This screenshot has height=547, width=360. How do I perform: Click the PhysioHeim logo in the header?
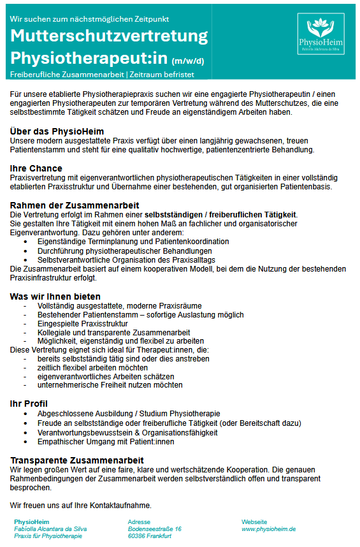(x=326, y=39)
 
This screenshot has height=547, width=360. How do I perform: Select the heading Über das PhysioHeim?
(x=57, y=131)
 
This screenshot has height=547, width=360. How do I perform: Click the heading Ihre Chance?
(x=36, y=168)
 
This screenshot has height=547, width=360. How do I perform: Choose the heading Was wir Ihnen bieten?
(x=55, y=296)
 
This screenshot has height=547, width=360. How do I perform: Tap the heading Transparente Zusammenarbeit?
(x=77, y=460)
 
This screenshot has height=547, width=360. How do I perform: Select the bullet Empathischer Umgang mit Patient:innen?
(x=106, y=441)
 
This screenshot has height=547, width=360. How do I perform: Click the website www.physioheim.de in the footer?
(x=268, y=529)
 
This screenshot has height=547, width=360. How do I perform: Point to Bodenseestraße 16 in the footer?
(x=155, y=529)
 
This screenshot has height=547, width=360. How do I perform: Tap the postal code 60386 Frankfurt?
(x=150, y=536)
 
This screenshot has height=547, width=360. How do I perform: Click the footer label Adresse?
(x=139, y=521)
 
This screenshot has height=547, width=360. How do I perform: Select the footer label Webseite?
(x=254, y=521)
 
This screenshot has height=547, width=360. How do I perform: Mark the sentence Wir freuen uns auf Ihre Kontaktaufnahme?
(x=81, y=506)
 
